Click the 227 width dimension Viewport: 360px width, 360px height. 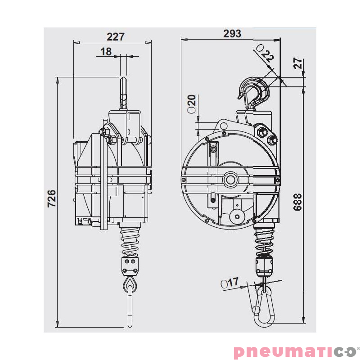point(116,37)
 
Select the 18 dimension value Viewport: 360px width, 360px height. point(106,52)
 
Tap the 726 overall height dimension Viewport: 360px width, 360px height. point(52,198)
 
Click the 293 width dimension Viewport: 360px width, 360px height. point(232,34)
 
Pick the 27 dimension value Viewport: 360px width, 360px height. point(298,63)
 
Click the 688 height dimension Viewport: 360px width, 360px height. point(297,202)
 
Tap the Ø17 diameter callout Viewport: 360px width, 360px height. point(230,283)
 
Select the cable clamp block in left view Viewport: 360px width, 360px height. point(131,265)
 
